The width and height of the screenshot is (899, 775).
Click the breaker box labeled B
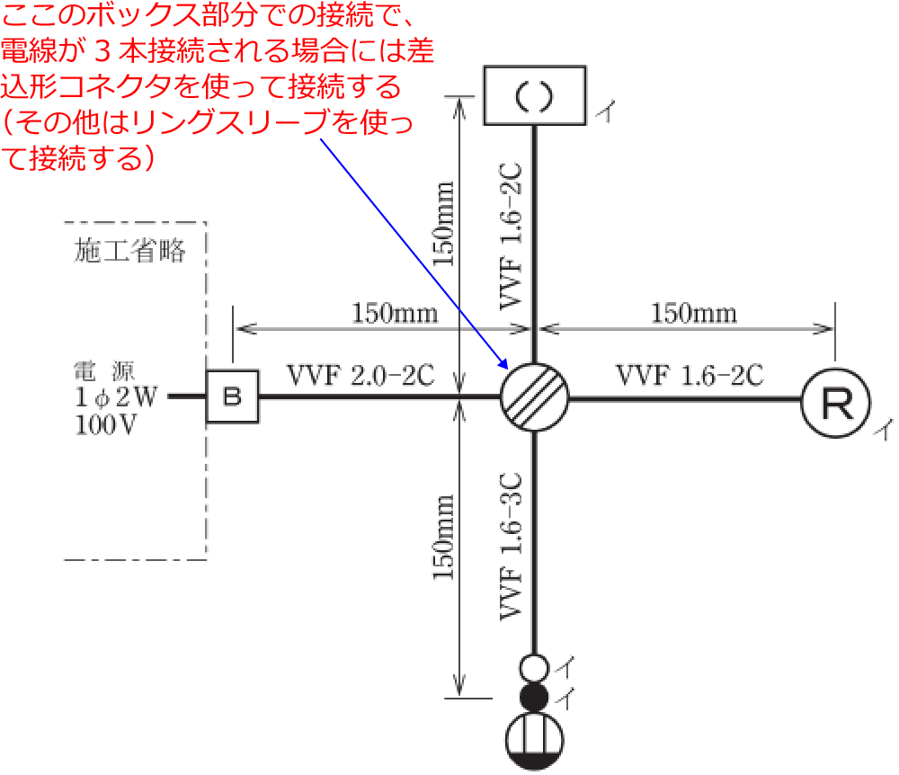tap(233, 396)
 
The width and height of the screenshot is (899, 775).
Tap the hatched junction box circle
tap(535, 396)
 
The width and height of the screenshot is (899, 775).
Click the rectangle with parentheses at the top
tap(536, 96)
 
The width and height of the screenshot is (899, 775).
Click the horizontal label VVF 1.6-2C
tap(690, 375)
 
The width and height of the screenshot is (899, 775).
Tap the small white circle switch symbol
tap(535, 668)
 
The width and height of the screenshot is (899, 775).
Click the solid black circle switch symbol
tap(535, 697)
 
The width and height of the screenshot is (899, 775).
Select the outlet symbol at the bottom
tap(535, 743)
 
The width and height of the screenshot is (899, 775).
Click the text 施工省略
tap(130, 253)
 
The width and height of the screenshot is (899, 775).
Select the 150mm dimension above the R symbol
tap(693, 314)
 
